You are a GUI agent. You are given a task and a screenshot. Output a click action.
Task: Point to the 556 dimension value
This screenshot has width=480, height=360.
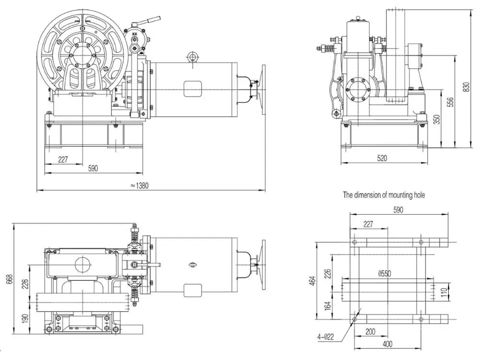[x=450, y=102]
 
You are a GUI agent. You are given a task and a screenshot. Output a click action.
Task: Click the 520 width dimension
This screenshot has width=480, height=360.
[x=382, y=158]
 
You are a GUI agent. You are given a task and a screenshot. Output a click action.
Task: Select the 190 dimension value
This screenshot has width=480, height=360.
[x=25, y=317]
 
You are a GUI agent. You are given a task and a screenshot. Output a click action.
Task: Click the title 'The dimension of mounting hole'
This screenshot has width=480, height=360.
[x=384, y=195]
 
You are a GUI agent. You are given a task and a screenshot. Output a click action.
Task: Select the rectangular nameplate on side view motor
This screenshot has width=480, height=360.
[x=193, y=89]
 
